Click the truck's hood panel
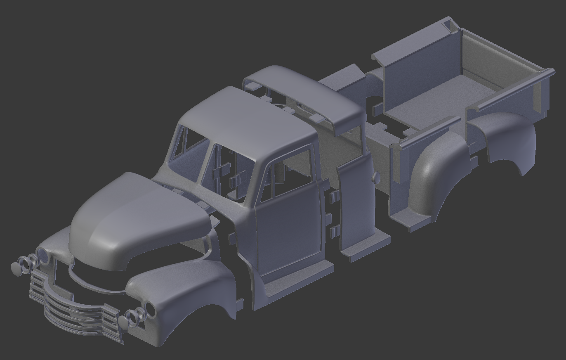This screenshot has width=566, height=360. (x=136, y=215)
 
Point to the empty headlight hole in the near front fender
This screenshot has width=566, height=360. (x=149, y=309)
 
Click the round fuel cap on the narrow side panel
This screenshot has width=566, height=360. (x=376, y=178)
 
